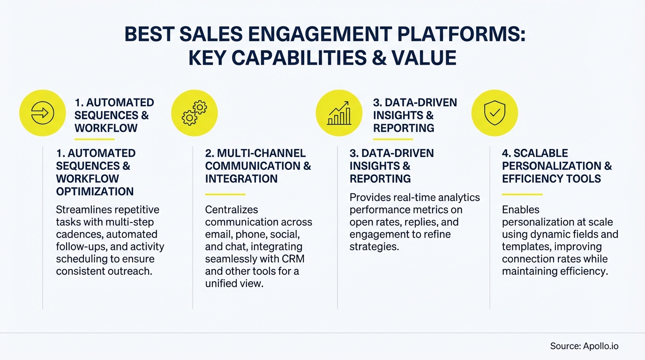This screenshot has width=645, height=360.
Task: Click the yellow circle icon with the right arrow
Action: pyautogui.click(x=42, y=113)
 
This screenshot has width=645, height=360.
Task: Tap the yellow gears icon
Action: pyautogui.click(x=195, y=113)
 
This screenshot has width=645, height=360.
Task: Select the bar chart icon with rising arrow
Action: pyautogui.click(x=339, y=113)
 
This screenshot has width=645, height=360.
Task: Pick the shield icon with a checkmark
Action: pyautogui.click(x=495, y=113)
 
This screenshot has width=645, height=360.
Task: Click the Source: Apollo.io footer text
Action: pyautogui.click(x=584, y=346)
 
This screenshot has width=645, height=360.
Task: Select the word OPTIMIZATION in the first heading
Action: pyautogui.click(x=95, y=191)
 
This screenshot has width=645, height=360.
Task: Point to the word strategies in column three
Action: pyautogui.click(x=374, y=247)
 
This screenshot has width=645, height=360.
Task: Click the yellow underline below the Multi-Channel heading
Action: pyautogui.click(x=225, y=194)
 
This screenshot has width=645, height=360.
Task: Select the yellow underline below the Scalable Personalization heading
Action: pyautogui.click(x=522, y=194)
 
